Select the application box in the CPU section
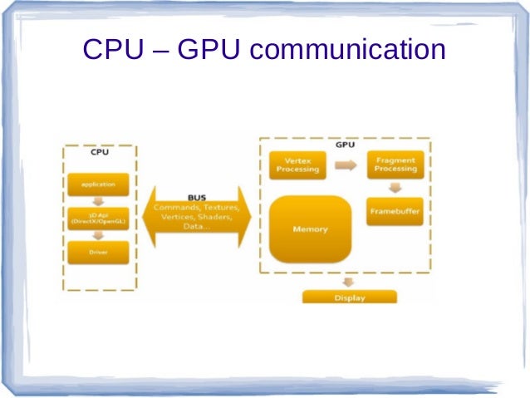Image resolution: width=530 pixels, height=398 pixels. click(98, 184)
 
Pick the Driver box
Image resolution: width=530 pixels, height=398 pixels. click(98, 251)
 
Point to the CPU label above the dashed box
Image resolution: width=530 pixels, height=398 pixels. click(98, 152)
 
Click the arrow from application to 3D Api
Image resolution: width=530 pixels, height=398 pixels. click(98, 199)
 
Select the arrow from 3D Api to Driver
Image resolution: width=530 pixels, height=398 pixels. click(98, 234)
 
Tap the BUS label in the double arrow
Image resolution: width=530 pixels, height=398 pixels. click(197, 198)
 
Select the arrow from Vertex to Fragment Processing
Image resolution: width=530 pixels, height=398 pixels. click(345, 165)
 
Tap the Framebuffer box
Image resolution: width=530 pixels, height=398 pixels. click(395, 211)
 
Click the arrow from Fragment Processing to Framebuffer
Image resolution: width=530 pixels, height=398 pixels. click(395, 188)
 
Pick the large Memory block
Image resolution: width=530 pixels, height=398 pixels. click(310, 228)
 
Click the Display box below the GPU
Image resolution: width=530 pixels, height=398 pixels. click(350, 297)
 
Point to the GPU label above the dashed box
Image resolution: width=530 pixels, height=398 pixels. click(346, 144)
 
